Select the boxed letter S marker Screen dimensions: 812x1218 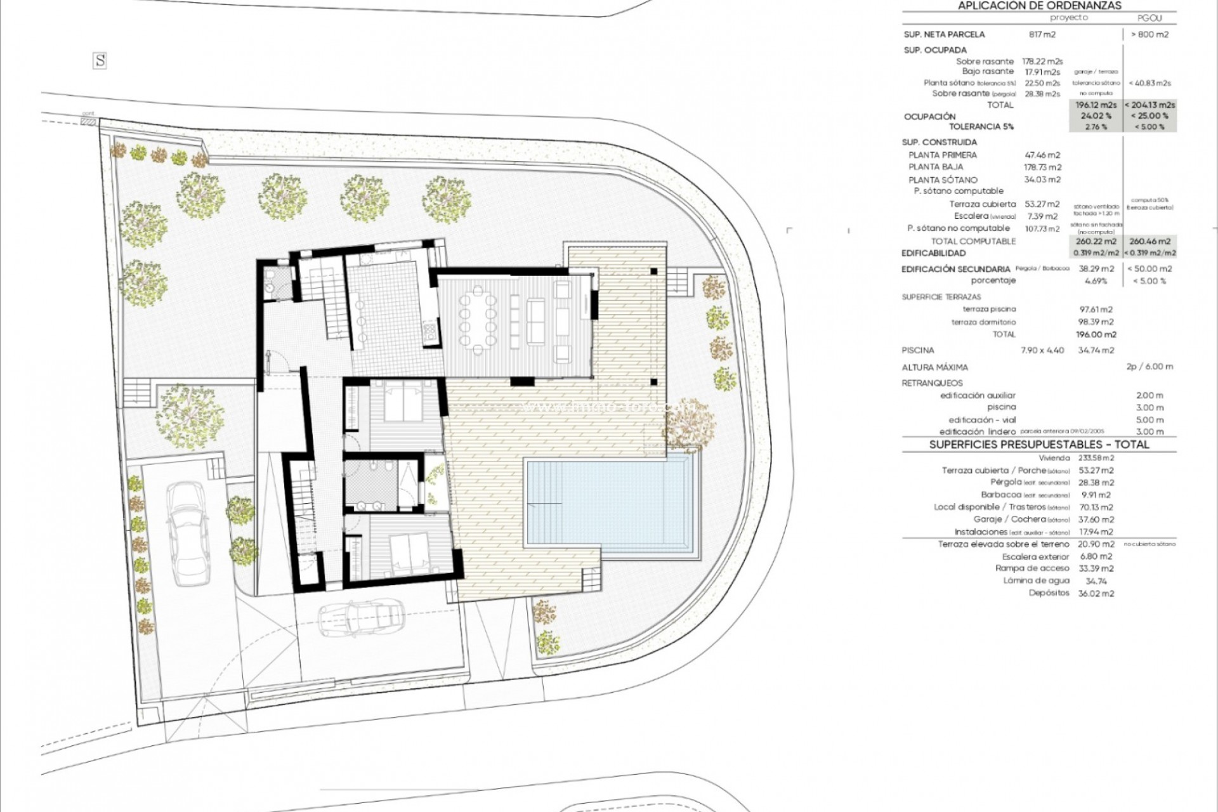(100, 61)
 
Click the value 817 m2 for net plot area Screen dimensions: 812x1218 (1042, 35)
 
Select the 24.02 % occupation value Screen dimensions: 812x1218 (1096, 116)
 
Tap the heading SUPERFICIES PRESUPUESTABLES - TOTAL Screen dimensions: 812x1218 (1039, 445)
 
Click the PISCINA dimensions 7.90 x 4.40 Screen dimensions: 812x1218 (1042, 350)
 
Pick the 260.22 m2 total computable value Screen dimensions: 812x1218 (1096, 241)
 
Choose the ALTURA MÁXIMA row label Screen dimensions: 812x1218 (934, 367)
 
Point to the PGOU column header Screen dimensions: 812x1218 (1150, 18)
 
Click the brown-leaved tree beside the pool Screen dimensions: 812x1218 (690, 424)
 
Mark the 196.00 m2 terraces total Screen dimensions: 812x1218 (1096, 334)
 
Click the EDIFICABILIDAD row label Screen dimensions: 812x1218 (934, 252)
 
